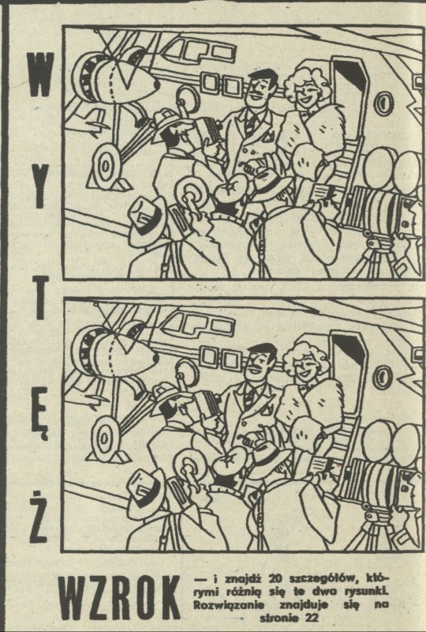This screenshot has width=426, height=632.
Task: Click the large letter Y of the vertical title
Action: click(x=39, y=190)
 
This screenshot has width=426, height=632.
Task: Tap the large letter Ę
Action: click(x=39, y=419)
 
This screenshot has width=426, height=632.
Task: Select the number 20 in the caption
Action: click(x=278, y=579)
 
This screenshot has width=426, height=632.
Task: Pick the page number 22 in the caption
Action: click(x=311, y=618)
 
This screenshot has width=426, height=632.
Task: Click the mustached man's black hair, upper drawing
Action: click(x=263, y=77)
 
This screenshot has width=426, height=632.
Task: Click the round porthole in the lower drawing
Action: click(x=382, y=377)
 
